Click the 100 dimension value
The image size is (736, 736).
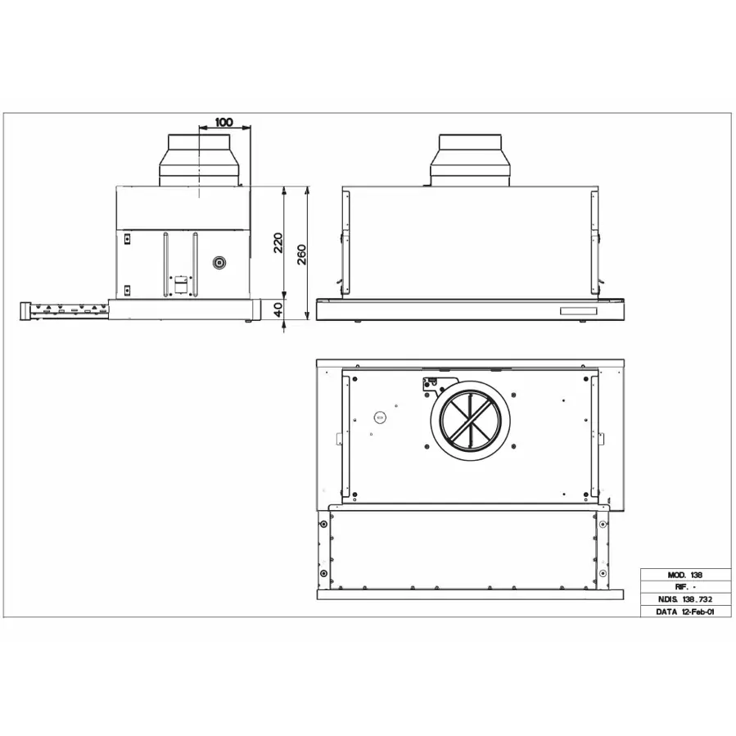click(x=224, y=122)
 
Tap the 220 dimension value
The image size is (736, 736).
click(x=279, y=242)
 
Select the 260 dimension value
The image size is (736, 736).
click(x=302, y=254)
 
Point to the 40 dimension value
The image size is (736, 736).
click(x=278, y=309)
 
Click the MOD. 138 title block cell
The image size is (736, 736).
click(x=686, y=575)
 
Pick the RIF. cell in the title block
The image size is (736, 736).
click(x=686, y=587)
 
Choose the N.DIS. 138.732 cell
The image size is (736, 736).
click(x=686, y=599)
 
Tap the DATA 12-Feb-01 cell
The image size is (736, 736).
click(x=686, y=612)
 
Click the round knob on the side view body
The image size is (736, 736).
click(x=219, y=262)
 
